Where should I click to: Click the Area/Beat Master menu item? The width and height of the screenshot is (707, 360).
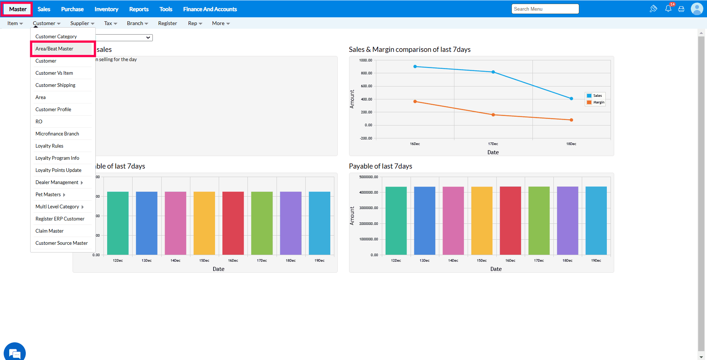tap(54, 49)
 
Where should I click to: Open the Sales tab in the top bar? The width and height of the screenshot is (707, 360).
tap(44, 9)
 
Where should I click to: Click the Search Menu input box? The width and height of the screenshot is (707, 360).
tap(545, 9)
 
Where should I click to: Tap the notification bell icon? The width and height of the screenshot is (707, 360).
tap(668, 9)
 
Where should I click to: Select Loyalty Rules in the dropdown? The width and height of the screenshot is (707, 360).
tap(49, 146)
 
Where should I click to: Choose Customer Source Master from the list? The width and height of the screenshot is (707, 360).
tap(61, 243)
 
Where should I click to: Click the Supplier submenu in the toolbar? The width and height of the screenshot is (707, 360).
tap(82, 23)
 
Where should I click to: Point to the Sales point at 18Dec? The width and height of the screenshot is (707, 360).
tap(571, 99)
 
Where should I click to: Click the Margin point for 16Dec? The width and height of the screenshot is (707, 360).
tap(415, 102)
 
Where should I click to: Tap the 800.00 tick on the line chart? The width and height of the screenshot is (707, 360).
tap(366, 73)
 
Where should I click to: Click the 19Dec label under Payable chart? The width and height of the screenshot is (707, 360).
tap(596, 260)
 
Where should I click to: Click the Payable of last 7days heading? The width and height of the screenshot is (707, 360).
tap(380, 166)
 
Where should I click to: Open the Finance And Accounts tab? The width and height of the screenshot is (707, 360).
tap(210, 9)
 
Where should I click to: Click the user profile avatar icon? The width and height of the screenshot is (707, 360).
tap(697, 9)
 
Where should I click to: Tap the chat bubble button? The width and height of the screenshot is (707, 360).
tap(15, 353)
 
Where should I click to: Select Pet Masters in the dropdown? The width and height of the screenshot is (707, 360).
tap(48, 194)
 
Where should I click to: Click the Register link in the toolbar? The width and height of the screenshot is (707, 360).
tap(168, 23)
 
